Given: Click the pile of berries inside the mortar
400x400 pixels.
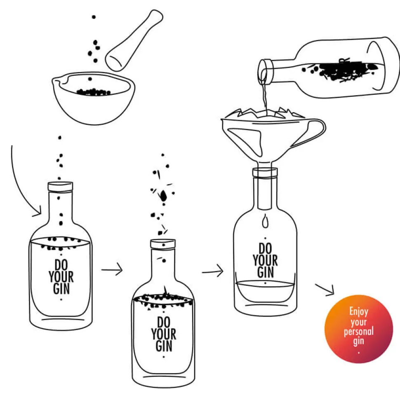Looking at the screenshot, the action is coord(94,92).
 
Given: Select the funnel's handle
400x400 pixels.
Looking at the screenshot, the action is coord(311,133).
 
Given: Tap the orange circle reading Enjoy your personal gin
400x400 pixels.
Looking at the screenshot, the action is coord(359,329).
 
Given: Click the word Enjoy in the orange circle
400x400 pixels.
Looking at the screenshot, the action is coord(359,311).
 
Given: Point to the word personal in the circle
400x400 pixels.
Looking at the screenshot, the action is coord(359,332).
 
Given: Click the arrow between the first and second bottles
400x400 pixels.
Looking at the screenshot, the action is coord(112,269).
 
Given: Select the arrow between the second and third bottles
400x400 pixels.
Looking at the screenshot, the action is coord(212,271).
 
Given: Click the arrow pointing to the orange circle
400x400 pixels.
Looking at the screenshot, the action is coord(325,290).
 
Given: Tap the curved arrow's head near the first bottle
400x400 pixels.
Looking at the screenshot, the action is coord(38,212).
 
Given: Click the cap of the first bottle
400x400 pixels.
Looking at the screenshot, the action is coord(60,187).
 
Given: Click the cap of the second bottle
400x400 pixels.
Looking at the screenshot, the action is coord(163,244).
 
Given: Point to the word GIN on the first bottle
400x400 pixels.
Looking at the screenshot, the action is coord(61,289).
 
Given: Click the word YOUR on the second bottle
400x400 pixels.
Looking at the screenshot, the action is coord(163,334).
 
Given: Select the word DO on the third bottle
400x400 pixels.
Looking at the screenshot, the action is coord(266,248).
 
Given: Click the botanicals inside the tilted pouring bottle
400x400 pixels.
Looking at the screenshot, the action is coord(340,70).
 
